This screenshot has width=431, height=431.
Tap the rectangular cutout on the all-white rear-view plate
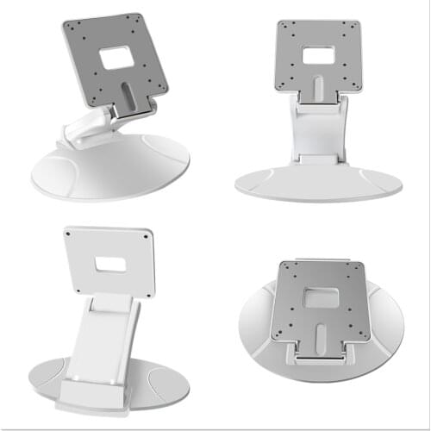[x=109, y=261]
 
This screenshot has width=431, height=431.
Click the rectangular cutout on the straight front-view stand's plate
[x=318, y=56]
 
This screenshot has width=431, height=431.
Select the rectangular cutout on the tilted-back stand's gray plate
[x=114, y=58]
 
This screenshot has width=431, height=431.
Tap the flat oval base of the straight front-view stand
[x=317, y=183]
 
